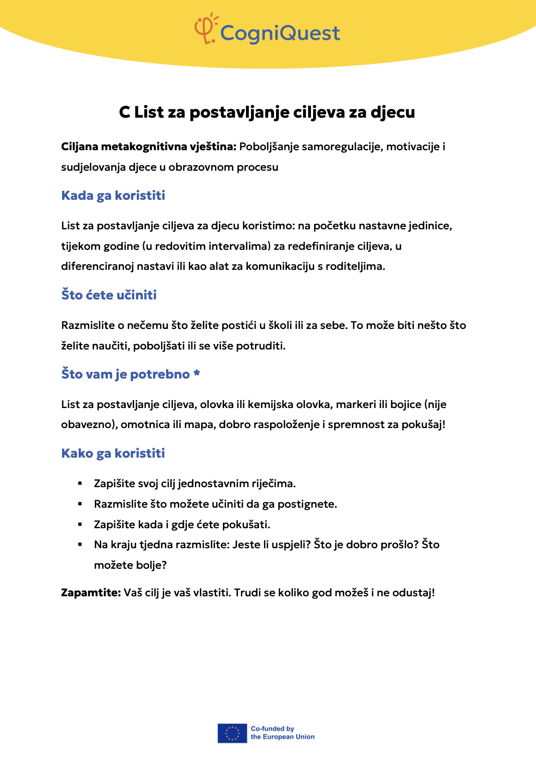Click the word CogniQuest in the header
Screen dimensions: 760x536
click(x=280, y=34)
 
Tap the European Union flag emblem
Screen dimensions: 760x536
click(x=232, y=733)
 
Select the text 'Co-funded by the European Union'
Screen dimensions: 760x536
click(x=283, y=733)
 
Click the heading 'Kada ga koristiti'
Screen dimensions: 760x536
click(x=113, y=195)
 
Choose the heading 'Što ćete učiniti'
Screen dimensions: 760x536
click(x=109, y=295)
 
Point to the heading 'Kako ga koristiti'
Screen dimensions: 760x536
click(x=113, y=453)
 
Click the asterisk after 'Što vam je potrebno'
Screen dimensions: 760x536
click(x=197, y=373)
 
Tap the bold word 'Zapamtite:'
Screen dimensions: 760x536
click(x=91, y=593)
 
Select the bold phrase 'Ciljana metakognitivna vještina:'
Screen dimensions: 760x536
click(x=148, y=147)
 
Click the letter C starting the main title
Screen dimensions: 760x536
click(x=125, y=112)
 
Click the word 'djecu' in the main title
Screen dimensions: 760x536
click(x=393, y=112)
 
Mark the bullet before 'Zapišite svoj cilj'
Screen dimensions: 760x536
click(x=80, y=484)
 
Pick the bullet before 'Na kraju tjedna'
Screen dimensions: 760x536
click(x=80, y=545)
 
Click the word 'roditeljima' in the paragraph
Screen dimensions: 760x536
click(x=355, y=266)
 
